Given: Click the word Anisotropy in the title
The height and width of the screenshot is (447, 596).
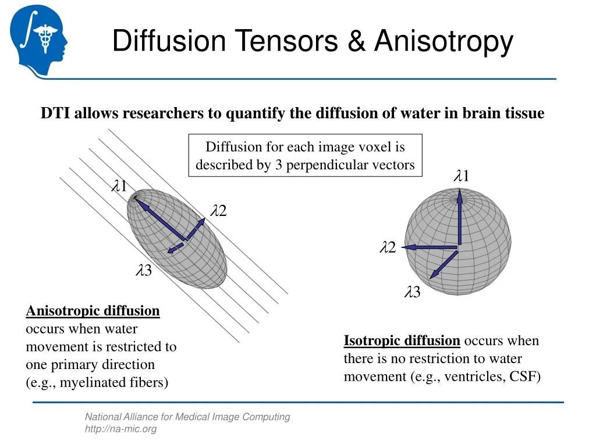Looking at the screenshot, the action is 444,42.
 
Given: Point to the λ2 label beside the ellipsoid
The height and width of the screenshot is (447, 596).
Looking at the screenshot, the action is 218,211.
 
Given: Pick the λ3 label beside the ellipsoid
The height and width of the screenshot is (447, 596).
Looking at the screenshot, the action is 144,270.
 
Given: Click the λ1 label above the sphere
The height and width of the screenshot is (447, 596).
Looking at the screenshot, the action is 462,176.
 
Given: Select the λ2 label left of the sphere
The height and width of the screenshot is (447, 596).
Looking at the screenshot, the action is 388,248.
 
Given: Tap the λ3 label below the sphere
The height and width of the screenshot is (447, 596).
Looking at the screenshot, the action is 413,292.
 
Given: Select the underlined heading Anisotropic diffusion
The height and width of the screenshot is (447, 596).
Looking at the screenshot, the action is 93,311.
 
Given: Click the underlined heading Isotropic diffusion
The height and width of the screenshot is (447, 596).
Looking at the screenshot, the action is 402,340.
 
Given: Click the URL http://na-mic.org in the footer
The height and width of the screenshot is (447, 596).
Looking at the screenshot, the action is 121,429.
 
